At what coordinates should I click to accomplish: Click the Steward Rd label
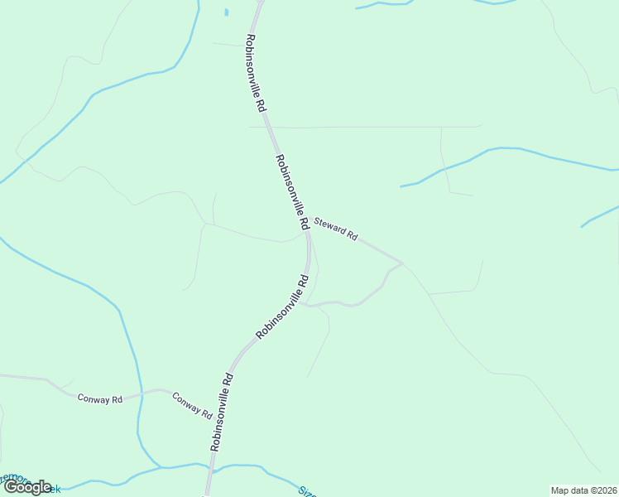[334, 229]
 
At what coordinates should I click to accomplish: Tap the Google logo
[27, 487]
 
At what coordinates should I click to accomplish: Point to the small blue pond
[226, 12]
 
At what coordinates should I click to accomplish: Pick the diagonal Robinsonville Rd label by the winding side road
[282, 306]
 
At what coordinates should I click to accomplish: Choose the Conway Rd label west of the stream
[100, 398]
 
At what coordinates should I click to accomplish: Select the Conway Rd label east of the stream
[192, 404]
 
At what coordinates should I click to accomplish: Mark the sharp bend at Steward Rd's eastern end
[402, 263]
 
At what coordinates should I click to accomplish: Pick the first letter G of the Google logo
[12, 487]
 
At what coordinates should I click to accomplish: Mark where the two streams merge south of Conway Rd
[159, 467]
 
